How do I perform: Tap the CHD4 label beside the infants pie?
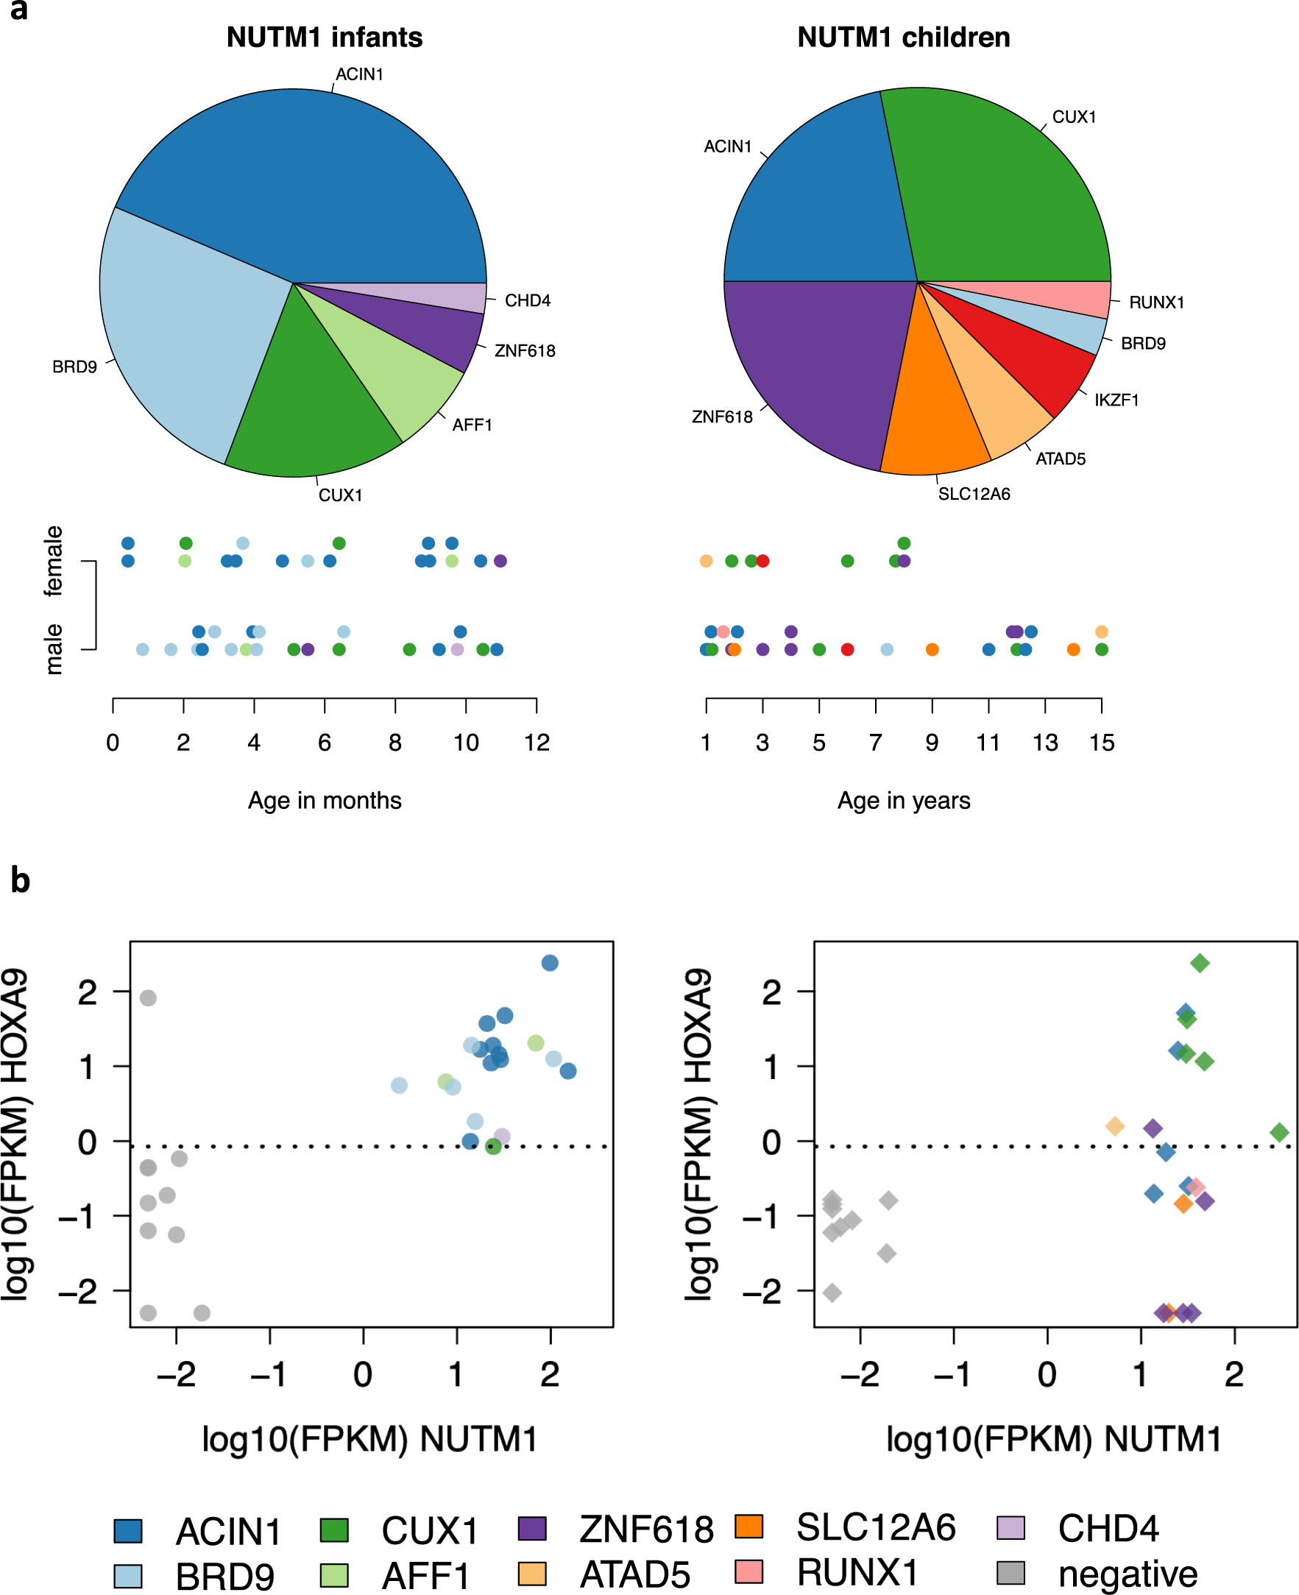pyautogui.click(x=528, y=301)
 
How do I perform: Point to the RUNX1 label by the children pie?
pyautogui.click(x=1156, y=303)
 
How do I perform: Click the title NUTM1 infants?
pyautogui.click(x=324, y=38)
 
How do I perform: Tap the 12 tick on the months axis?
pyautogui.click(x=537, y=743)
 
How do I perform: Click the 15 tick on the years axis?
pyautogui.click(x=1102, y=743)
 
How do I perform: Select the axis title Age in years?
pyautogui.click(x=903, y=801)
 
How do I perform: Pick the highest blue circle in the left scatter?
pyautogui.click(x=549, y=963)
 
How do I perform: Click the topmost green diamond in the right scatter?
pyautogui.click(x=1200, y=963)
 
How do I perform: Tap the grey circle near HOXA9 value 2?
pyautogui.click(x=148, y=998)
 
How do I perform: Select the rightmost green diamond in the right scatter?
pyautogui.click(x=1280, y=1133)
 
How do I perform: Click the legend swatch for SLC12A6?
pyautogui.click(x=748, y=1526)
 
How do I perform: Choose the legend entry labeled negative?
pyautogui.click(x=1127, y=1574)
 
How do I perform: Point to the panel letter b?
pyautogui.click(x=20, y=880)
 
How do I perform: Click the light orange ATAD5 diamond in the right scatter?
pyautogui.click(x=1114, y=1126)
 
